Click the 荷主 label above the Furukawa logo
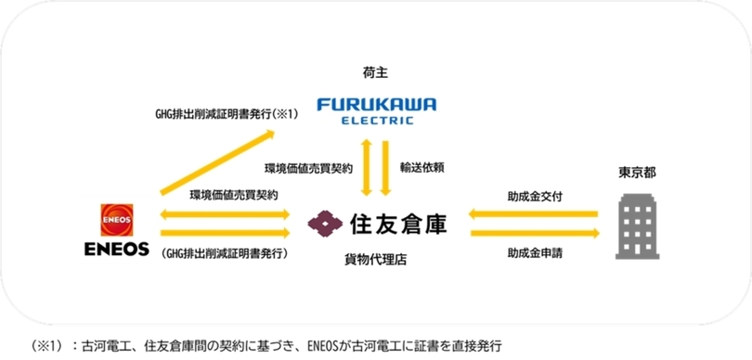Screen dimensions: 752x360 [375, 73]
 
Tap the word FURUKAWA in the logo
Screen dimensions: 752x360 [377, 104]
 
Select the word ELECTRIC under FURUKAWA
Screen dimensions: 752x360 [377, 121]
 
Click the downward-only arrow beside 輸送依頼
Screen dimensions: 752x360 [385, 168]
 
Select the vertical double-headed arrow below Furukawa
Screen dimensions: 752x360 [367, 168]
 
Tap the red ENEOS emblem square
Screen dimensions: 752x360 [117, 220]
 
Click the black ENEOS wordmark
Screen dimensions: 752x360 [117, 250]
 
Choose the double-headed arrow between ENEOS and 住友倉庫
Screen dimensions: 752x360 [225, 213]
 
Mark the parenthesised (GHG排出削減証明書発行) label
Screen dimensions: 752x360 [225, 253]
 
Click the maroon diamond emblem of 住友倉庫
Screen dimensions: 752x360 [325, 225]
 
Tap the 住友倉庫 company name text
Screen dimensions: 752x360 [398, 225]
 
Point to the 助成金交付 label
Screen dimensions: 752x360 [535, 196]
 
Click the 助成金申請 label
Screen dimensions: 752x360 [535, 253]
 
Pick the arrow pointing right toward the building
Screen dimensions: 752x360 [536, 234]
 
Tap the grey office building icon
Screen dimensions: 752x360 [638, 226]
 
